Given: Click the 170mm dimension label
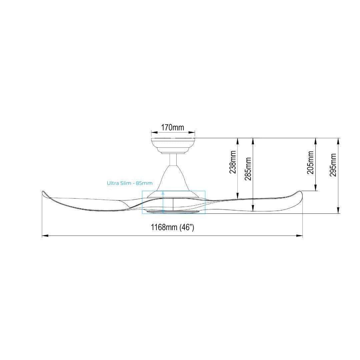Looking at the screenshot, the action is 173,127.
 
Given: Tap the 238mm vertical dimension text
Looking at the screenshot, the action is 233,162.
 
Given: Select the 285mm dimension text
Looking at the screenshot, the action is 248,169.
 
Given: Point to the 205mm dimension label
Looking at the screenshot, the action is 310,162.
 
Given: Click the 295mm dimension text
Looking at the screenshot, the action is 333,165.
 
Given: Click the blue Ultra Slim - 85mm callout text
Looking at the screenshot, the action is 129,183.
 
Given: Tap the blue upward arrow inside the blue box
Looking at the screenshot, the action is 163,202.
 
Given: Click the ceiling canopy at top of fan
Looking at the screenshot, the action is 173,146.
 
